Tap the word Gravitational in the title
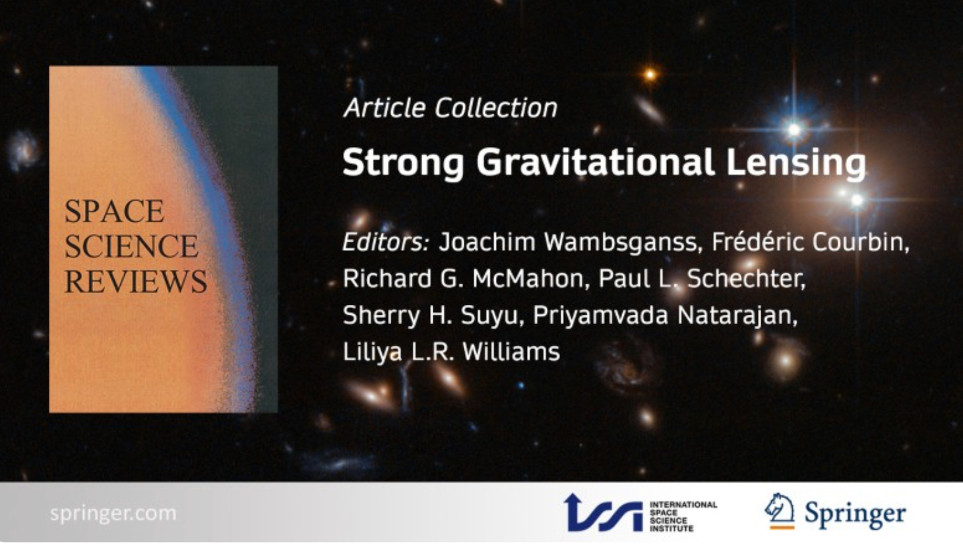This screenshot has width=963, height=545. point(595,162)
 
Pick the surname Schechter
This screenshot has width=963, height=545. point(746,279)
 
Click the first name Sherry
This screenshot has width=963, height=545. point(381,316)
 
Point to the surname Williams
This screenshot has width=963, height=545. point(511,352)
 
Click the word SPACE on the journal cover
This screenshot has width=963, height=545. point(114,211)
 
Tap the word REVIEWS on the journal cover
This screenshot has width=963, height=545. point(136,282)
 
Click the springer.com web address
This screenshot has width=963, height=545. point(113,513)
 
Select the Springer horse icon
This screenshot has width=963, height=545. point(780,511)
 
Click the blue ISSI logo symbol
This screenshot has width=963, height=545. point(604,513)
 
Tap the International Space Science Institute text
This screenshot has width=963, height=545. point(683,516)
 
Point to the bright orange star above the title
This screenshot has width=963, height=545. point(650,75)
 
